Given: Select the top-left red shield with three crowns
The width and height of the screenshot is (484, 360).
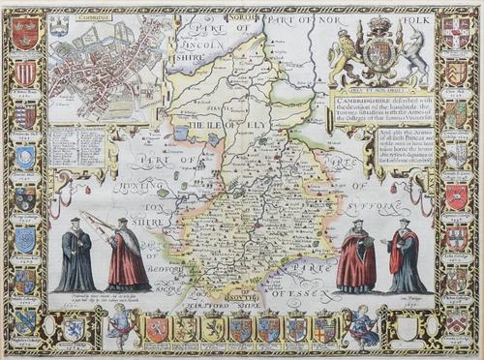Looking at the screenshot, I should click(x=25, y=33).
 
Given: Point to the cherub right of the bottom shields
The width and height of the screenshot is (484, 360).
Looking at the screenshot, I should click(x=363, y=326).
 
